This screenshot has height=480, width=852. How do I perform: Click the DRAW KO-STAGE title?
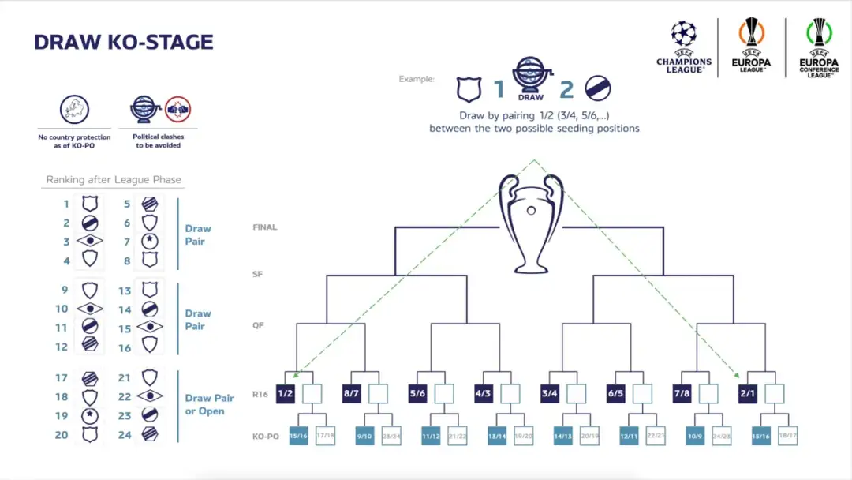(124, 42)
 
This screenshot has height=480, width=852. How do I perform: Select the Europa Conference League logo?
(819, 47)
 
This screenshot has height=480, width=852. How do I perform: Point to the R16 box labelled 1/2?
(286, 393)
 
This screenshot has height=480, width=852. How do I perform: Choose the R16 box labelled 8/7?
(351, 393)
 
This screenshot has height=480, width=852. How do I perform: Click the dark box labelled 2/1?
(747, 393)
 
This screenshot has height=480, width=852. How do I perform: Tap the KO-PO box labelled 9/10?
(364, 435)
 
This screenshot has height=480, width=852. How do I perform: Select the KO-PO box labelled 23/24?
(391, 435)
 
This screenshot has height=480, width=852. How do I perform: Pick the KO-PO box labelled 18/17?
(787, 435)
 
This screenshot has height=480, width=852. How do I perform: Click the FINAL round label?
(264, 227)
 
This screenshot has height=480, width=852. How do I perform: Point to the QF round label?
(259, 325)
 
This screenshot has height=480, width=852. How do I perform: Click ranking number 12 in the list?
(62, 347)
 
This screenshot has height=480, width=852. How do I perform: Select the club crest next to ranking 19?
(90, 415)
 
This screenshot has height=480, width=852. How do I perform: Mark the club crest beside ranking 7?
(150, 242)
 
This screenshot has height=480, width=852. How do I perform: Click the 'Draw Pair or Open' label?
(209, 404)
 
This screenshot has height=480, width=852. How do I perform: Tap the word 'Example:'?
(417, 79)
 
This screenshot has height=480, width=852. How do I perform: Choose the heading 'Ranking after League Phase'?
(114, 179)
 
